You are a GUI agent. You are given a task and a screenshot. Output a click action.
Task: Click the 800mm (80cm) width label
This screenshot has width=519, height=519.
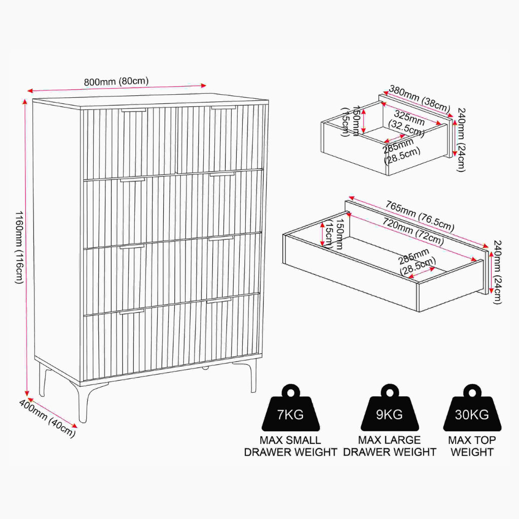116,82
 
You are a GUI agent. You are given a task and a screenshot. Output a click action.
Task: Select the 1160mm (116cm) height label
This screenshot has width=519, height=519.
19,247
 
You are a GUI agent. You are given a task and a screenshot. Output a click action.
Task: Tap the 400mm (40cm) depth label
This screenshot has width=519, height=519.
47,418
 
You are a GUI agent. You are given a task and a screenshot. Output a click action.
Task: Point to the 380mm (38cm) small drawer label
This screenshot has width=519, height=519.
419,99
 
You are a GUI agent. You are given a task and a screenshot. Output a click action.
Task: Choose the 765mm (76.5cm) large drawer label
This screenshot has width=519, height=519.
420,216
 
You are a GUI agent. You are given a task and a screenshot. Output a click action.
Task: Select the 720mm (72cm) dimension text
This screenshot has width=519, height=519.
413,231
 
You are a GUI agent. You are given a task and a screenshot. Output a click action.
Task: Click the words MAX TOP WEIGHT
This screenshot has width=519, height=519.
472,446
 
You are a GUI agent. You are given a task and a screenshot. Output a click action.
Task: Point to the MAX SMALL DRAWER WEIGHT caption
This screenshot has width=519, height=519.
290,446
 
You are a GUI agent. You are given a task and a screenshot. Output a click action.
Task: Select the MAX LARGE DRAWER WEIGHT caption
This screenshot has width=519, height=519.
390,446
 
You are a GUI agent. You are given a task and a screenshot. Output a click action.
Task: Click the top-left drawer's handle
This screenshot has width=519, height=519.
133,110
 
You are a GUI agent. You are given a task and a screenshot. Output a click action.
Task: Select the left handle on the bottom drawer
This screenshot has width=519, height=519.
132,312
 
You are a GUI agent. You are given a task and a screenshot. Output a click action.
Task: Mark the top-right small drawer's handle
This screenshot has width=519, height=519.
224,107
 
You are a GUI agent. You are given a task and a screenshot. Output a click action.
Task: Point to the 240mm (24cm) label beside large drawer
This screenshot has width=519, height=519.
497,272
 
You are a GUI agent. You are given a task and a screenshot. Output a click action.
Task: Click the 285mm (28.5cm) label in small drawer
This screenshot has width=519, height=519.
401,151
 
